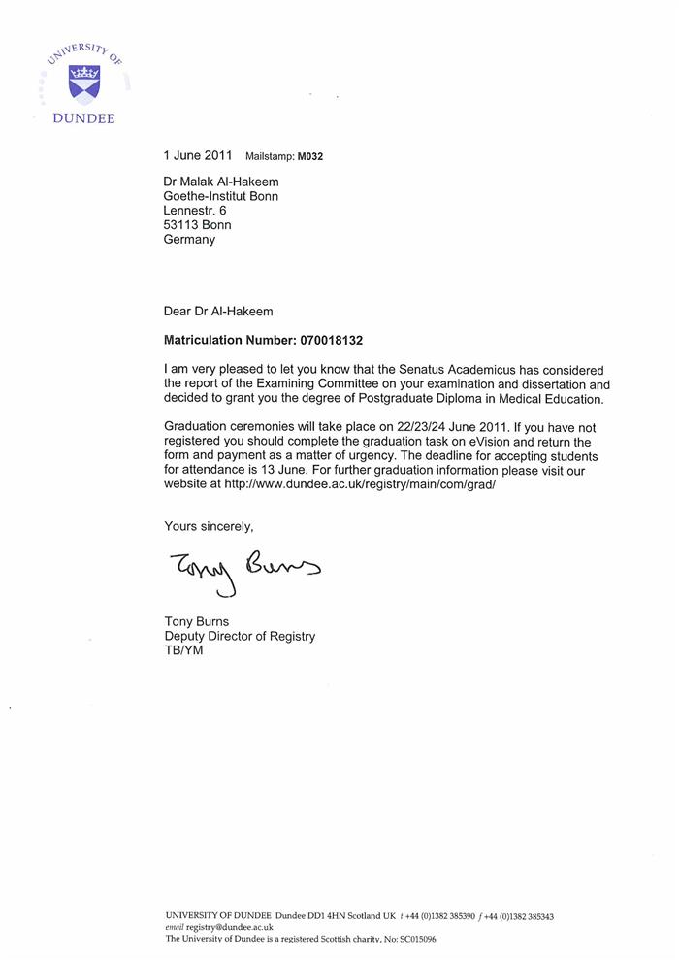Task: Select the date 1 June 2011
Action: pyautogui.click(x=199, y=155)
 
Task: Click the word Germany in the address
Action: pyautogui.click(x=189, y=239)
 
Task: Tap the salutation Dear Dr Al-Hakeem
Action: pyautogui.click(x=218, y=312)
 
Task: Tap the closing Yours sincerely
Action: pyautogui.click(x=209, y=526)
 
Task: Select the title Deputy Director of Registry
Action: pyautogui.click(x=239, y=636)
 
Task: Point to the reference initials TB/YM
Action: pyautogui.click(x=183, y=650)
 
